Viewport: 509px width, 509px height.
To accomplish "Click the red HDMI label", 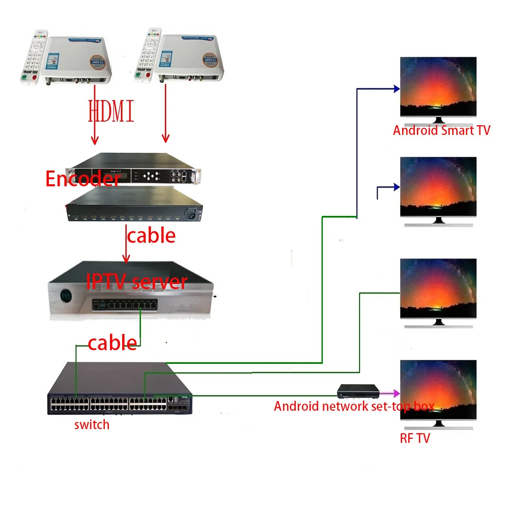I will (x=111, y=111).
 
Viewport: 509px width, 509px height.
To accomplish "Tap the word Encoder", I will (x=82, y=179).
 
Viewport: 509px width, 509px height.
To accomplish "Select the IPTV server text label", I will (x=137, y=281).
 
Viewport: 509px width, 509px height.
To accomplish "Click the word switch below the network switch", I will (x=92, y=424).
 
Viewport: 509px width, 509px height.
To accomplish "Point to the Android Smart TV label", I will (x=441, y=130).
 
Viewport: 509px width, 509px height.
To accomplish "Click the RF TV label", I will (x=415, y=437).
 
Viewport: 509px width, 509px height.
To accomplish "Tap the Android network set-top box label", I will (x=354, y=406).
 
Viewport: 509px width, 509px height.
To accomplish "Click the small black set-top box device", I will (x=359, y=391).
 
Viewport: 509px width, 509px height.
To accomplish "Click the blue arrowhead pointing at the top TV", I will (x=396, y=89).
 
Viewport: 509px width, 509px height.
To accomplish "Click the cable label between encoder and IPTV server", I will (x=151, y=236).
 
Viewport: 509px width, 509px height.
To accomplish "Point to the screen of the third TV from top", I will (x=439, y=288).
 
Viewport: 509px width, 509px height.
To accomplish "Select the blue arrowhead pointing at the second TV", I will (x=396, y=187).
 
